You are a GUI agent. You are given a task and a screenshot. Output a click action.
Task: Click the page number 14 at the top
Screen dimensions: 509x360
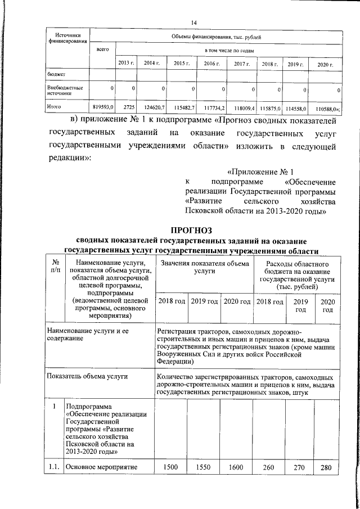[x=193, y=22]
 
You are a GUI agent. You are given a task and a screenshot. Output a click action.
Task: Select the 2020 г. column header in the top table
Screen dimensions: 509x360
[x=325, y=64]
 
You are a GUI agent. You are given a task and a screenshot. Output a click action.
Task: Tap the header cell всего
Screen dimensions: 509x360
[x=102, y=50]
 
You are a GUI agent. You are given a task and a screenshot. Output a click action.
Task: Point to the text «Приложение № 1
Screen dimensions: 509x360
[x=260, y=171]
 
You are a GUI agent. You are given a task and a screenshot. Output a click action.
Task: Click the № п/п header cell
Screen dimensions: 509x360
[x=55, y=266]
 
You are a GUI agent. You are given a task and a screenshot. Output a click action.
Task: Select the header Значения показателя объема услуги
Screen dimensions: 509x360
[x=204, y=266]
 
